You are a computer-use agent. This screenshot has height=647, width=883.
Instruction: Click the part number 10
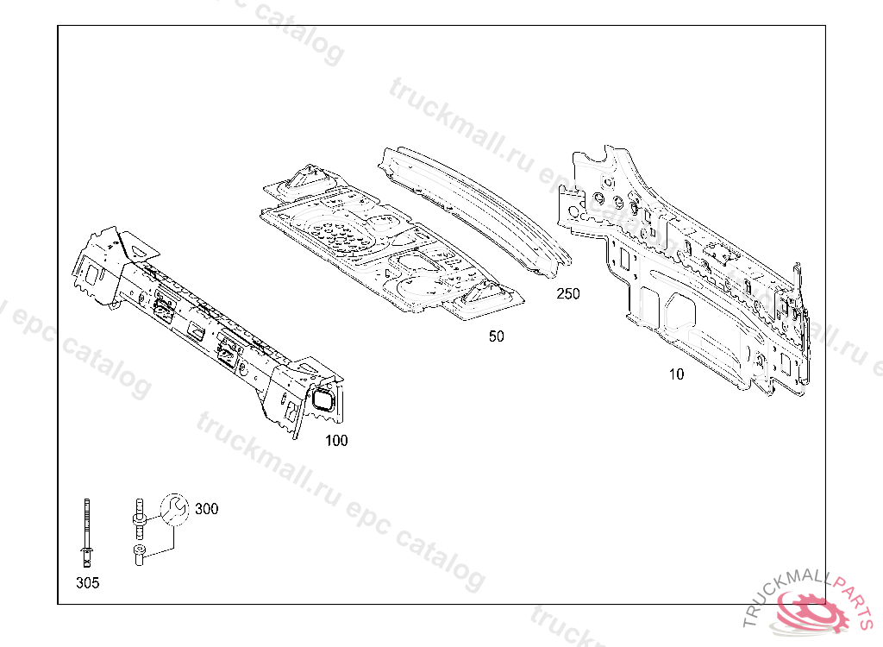pyautogui.click(x=676, y=374)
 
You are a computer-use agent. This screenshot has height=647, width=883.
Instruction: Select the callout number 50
pyautogui.click(x=496, y=336)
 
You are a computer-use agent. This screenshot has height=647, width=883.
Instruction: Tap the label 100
pyautogui.click(x=336, y=441)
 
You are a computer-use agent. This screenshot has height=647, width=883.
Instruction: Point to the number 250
pyautogui.click(x=568, y=294)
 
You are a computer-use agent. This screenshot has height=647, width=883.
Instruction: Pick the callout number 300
pyautogui.click(x=207, y=509)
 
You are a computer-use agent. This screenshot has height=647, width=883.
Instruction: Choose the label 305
pyautogui.click(x=87, y=583)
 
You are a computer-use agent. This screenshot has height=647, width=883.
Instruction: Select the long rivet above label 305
pyautogui.click(x=87, y=530)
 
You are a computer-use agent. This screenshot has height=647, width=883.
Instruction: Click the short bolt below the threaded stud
pyautogui.click(x=139, y=556)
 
